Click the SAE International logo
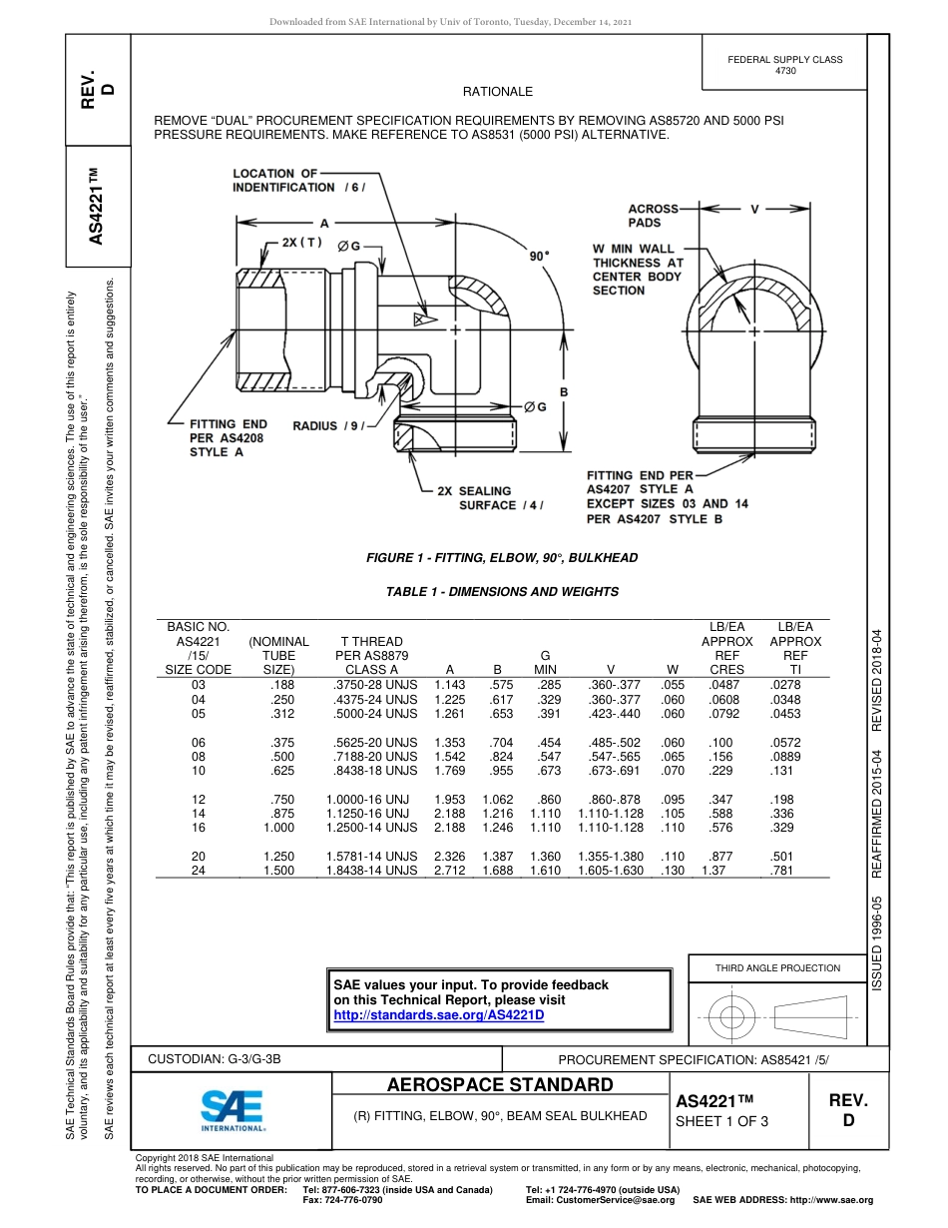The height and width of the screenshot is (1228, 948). [x=233, y=1109]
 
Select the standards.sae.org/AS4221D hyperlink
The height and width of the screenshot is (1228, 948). [x=438, y=1015]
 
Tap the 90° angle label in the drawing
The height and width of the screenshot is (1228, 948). [x=540, y=256]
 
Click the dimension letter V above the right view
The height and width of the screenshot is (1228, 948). [x=754, y=209]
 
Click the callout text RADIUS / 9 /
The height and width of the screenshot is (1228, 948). [x=329, y=426]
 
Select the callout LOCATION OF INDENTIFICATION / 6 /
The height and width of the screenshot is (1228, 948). [x=298, y=181]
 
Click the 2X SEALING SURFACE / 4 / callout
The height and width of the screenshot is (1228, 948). [x=490, y=498]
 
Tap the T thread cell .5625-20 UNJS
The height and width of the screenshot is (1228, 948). [x=371, y=743]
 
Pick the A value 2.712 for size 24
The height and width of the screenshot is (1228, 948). [x=450, y=871]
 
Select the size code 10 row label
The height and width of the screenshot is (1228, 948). [x=198, y=771]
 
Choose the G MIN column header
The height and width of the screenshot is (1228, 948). [x=545, y=663]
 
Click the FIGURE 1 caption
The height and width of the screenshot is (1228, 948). [x=502, y=558]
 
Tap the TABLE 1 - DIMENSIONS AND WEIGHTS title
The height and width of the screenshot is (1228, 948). [x=502, y=592]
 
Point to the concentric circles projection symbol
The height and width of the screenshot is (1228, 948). [x=732, y=1016]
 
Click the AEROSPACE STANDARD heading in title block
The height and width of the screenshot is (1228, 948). [x=500, y=1085]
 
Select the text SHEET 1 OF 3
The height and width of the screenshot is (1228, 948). [x=721, y=1121]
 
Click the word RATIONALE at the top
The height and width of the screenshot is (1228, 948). [x=498, y=92]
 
